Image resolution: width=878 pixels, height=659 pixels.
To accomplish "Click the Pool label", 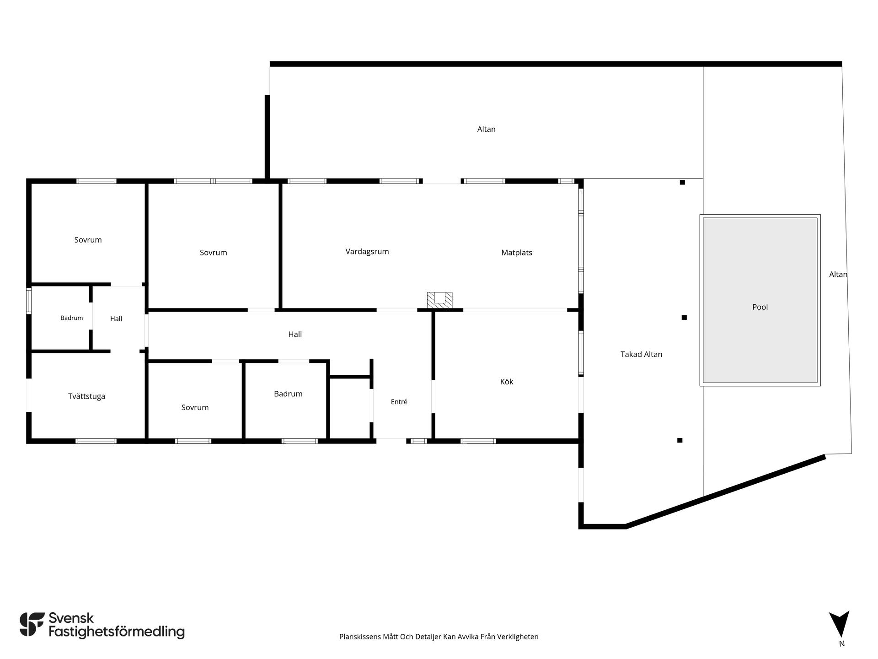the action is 760,307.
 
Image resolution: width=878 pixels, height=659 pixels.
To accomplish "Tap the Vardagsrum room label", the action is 367,252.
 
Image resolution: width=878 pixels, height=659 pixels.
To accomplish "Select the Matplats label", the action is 516,253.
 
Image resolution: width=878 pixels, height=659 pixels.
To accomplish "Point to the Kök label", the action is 507,382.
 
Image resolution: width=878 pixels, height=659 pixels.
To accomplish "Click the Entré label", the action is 399,402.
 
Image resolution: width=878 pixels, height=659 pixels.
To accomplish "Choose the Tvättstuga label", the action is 86,396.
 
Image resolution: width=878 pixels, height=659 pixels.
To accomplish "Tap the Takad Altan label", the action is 641,354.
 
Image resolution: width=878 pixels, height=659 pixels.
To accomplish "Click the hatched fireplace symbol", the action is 439,300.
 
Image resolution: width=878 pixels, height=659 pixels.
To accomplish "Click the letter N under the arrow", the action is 842,643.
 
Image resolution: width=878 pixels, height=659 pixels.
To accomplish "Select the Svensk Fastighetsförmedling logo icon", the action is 32,624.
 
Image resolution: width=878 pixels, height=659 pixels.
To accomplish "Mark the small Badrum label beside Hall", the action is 72,318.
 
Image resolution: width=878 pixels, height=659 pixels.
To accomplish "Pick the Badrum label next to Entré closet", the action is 288,394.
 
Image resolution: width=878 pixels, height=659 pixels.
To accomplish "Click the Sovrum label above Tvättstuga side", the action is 88,240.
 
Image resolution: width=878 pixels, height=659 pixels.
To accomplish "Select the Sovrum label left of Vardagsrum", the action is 213,253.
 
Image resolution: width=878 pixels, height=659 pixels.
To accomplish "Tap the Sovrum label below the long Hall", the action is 195,407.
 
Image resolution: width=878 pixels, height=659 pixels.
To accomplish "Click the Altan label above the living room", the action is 486,129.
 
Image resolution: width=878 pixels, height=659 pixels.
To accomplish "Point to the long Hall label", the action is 295,335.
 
